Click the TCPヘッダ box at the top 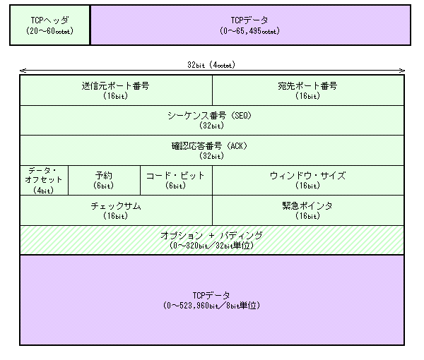click(x=49, y=25)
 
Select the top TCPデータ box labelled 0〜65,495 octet click(x=250, y=25)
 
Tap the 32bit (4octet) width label click(x=211, y=65)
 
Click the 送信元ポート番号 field click(x=116, y=90)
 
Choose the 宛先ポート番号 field click(x=308, y=90)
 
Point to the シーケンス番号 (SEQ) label click(x=210, y=116)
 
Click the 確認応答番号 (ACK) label click(x=210, y=146)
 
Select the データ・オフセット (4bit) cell click(x=44, y=180)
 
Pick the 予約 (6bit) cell click(x=104, y=180)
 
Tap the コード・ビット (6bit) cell click(x=176, y=180)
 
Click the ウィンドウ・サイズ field click(x=308, y=180)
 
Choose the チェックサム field click(x=116, y=210)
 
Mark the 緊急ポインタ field click(x=308, y=210)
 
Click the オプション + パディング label click(x=212, y=236)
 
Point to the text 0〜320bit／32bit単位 click(x=212, y=246)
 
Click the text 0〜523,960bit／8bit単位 click(x=212, y=306)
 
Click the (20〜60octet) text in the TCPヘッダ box click(x=49, y=31)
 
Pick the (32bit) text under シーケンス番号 click(x=212, y=126)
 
